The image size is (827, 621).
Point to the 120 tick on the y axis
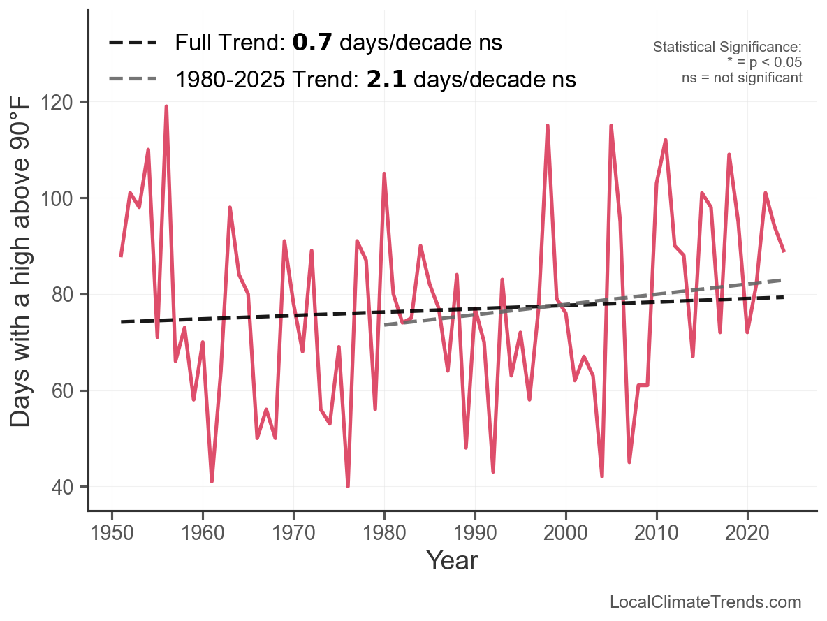click(x=67, y=102)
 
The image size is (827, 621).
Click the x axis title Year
click(x=452, y=560)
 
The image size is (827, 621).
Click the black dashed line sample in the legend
click(x=133, y=43)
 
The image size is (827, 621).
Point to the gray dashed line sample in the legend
click(x=133, y=80)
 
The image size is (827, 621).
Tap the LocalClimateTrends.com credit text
click(x=705, y=602)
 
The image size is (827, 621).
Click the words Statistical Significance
click(x=727, y=48)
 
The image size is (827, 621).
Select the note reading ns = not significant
click(x=742, y=78)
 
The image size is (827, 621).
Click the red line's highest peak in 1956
click(x=166, y=106)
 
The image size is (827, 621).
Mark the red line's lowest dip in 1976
click(x=348, y=486)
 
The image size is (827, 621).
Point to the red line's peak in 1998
click(x=548, y=126)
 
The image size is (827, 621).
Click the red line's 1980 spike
click(x=384, y=173)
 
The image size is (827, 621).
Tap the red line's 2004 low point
click(x=602, y=476)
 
